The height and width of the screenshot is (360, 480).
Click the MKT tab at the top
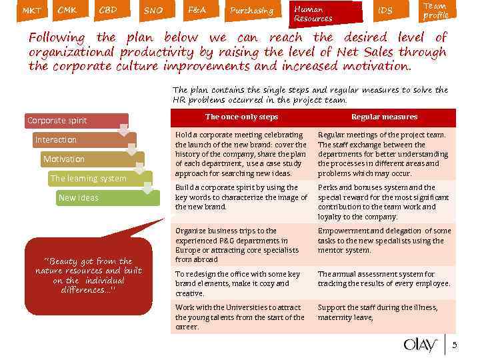31,11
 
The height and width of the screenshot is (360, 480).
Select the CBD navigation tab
108,11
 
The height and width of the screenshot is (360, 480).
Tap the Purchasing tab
251,11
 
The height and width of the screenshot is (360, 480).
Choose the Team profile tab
435,11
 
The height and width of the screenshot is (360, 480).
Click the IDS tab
385,11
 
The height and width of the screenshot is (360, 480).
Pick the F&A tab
197,11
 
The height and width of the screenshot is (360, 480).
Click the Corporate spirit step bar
73,121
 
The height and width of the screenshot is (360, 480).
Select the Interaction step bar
80,140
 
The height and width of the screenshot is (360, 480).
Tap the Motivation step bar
87,159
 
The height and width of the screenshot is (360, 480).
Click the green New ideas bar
107,198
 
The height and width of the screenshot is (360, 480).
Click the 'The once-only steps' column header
241,117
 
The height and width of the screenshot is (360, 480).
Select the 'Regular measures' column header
384,117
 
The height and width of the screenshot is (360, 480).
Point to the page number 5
455,345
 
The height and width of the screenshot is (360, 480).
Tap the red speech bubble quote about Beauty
89,273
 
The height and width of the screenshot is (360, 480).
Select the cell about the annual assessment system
384,279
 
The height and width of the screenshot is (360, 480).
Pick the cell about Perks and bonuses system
384,202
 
